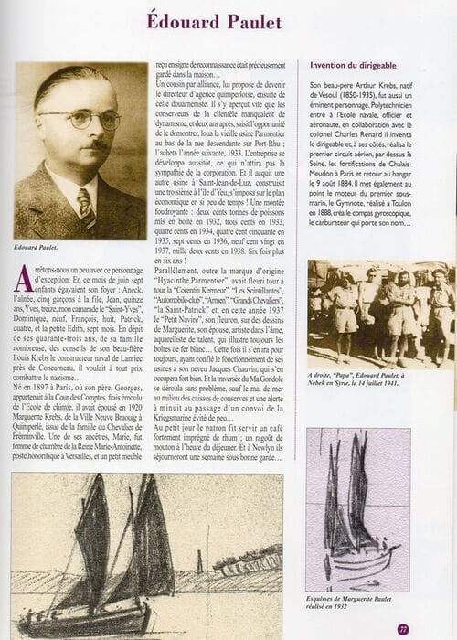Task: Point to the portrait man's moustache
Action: click(94, 144)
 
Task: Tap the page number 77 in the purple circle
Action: click(429, 629)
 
